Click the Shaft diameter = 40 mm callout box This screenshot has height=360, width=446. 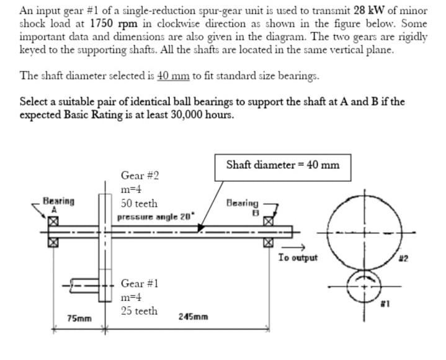point(283,165)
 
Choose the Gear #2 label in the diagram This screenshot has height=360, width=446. point(140,176)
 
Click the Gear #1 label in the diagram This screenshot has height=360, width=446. point(140,283)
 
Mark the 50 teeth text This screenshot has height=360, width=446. point(139,204)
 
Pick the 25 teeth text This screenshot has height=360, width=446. point(139,311)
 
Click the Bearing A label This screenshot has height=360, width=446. point(58,204)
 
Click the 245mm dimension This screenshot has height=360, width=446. point(193,317)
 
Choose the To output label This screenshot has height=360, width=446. point(298,258)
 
